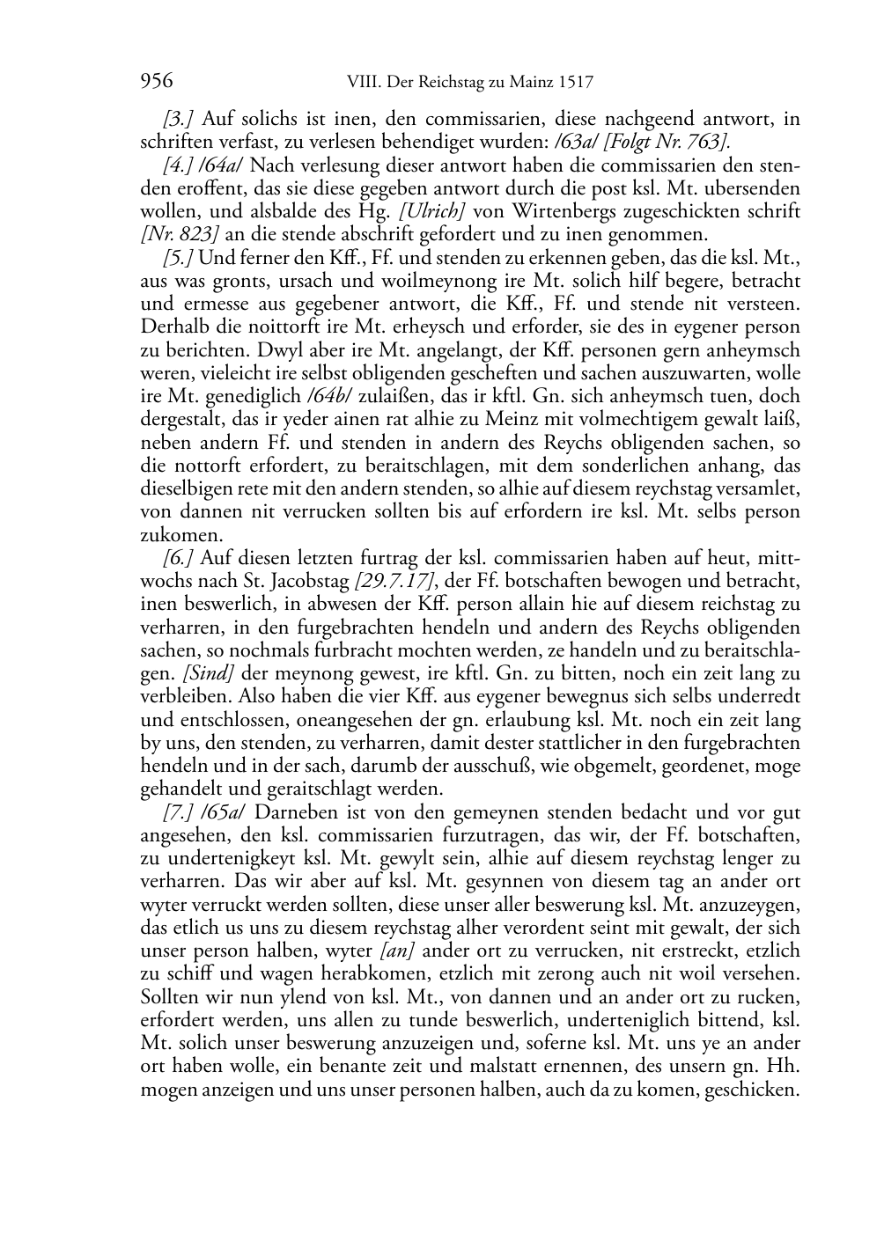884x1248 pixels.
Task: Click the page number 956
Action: pyautogui.click(x=156, y=83)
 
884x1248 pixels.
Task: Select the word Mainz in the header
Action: pyautogui.click(x=527, y=84)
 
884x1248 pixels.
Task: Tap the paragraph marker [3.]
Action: pyautogui.click(x=179, y=119)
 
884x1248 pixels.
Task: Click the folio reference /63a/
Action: pyautogui.click(x=580, y=142)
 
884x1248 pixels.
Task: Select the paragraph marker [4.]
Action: pyautogui.click(x=179, y=165)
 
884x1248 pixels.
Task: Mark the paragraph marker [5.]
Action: pyautogui.click(x=179, y=259)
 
